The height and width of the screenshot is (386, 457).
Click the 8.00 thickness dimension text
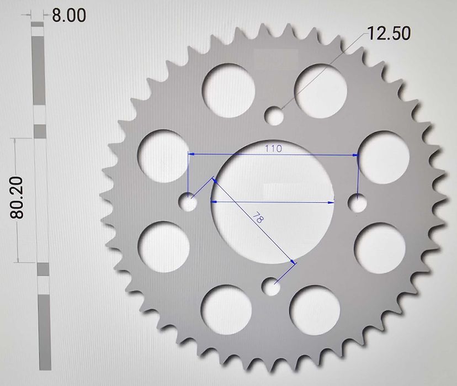(x=69, y=15)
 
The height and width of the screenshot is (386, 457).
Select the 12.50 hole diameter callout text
(x=389, y=34)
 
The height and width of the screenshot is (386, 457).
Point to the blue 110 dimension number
(x=273, y=148)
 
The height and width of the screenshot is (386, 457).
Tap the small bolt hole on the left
(x=190, y=203)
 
